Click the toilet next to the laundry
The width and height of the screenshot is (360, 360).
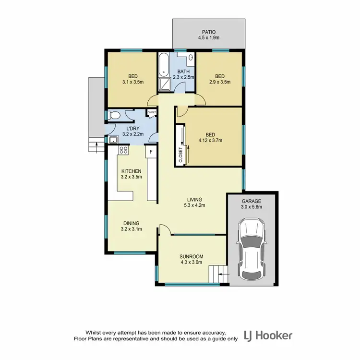(113, 116)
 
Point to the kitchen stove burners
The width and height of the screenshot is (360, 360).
(123, 151)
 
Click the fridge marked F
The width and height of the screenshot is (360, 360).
(151, 152)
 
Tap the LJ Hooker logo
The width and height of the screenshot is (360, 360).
(268, 335)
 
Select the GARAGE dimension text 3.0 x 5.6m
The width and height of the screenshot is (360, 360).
(251, 207)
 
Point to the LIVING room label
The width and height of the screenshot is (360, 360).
(194, 199)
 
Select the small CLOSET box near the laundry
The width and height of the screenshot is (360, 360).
(152, 113)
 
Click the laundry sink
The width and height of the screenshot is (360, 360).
(113, 140)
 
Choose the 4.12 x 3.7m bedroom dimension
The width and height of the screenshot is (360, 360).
(211, 141)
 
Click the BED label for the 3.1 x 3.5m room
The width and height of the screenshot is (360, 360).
(133, 76)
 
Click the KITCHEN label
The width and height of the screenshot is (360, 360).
(131, 171)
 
